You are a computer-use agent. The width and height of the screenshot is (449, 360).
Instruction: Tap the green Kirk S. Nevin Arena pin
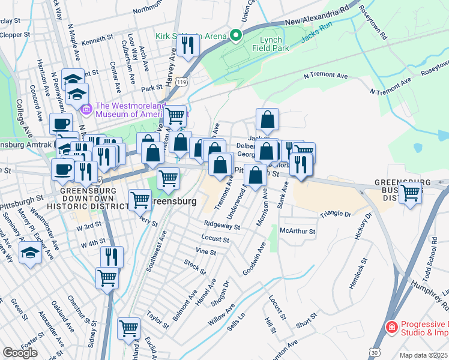[x=235, y=35]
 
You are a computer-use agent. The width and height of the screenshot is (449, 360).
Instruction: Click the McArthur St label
[x=298, y=230]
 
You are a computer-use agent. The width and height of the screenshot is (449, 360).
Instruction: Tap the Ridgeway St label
[x=221, y=227]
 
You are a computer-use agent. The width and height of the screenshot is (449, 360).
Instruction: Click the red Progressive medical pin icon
[x=391, y=328]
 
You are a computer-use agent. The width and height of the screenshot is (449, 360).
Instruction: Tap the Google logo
[x=20, y=353]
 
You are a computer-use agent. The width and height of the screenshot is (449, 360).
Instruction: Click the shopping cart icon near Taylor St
[x=128, y=328]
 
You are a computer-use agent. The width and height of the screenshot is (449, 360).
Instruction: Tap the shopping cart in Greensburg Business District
[x=411, y=193]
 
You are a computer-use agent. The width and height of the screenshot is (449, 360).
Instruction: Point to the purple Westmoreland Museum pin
[x=85, y=109]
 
